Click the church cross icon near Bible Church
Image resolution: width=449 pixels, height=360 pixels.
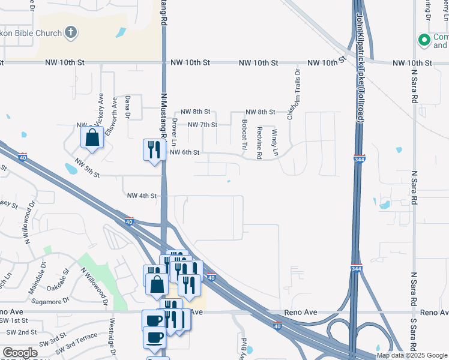(x=71, y=31)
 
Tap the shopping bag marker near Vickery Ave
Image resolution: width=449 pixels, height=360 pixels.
(x=92, y=137)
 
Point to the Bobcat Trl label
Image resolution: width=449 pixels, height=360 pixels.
(x=244, y=134)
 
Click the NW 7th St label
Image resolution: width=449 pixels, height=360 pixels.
(x=202, y=125)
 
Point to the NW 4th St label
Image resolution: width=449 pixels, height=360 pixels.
(x=142, y=196)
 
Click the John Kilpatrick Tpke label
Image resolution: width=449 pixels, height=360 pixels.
(x=360, y=66)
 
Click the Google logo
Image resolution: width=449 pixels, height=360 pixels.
(x=20, y=353)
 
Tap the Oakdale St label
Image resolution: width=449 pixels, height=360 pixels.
(x=58, y=280)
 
